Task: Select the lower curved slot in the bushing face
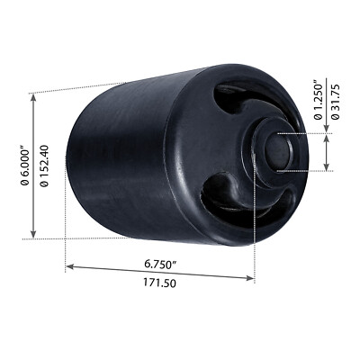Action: [220, 193]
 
